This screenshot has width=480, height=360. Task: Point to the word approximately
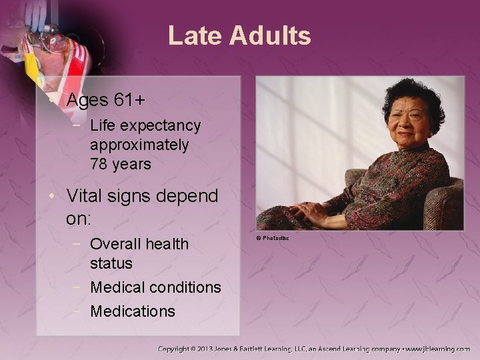(x=139, y=144)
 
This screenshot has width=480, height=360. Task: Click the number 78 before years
(x=99, y=163)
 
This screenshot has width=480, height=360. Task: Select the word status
(x=111, y=263)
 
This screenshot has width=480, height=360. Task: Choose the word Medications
(x=133, y=311)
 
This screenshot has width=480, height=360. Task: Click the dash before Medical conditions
(x=79, y=287)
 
